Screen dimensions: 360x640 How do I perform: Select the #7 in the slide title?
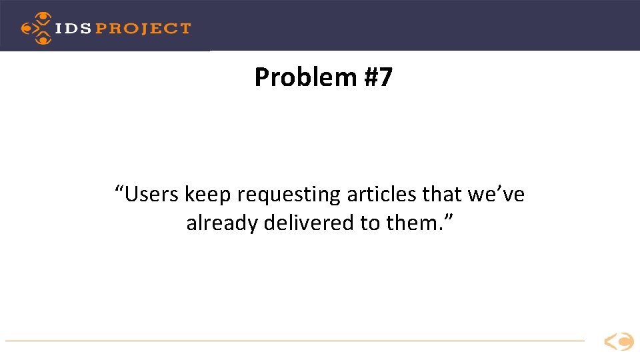[x=378, y=78]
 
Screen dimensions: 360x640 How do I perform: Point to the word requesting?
[x=289, y=195]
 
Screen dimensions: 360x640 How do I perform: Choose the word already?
[x=222, y=223]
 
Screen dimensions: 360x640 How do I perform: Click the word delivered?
[x=309, y=223]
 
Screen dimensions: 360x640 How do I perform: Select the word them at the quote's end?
[x=413, y=223]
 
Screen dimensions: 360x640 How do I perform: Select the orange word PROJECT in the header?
[x=144, y=29]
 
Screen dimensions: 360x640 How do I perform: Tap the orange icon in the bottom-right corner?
[x=619, y=342]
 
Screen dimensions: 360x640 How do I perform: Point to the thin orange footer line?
[x=293, y=341]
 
